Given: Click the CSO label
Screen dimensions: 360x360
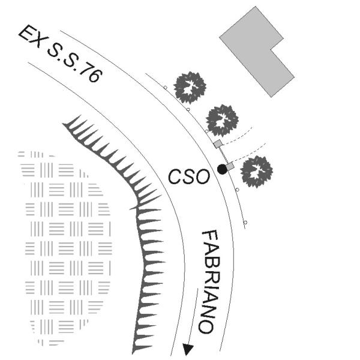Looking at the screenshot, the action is [x=189, y=176].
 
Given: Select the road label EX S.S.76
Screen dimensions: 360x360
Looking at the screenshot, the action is [x=61, y=53].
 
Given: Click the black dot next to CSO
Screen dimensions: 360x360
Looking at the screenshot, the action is [x=222, y=169].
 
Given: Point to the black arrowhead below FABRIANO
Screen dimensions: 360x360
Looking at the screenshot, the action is [x=188, y=349].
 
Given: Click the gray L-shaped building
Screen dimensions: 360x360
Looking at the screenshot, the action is [x=257, y=51].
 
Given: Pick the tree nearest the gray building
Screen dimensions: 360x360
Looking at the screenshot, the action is [x=190, y=87].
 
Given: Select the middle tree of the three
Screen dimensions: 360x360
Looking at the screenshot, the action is [x=222, y=121].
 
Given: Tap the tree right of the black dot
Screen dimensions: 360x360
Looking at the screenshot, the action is [x=256, y=172].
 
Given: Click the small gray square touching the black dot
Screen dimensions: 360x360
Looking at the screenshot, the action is [x=230, y=166].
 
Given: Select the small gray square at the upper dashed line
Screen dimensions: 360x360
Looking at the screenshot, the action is [x=218, y=144].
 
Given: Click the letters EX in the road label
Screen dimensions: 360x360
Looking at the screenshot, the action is [x=31, y=36].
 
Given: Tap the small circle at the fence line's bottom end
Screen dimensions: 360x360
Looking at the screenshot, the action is [x=245, y=223].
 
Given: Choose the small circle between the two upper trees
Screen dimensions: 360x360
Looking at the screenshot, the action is [x=188, y=110].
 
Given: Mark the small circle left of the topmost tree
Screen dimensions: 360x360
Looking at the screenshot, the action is [x=165, y=88].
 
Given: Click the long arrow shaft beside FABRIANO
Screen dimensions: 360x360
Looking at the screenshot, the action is [x=193, y=316].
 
